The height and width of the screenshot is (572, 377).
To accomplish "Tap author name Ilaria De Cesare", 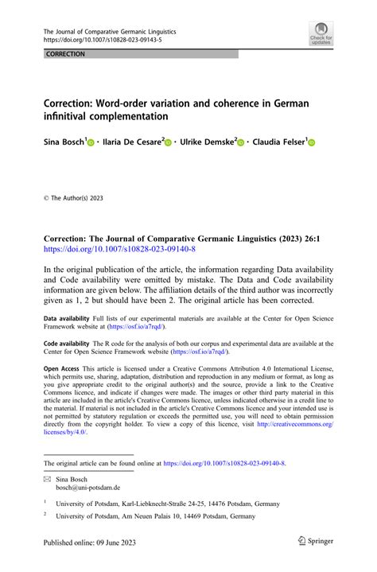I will click(x=132, y=142).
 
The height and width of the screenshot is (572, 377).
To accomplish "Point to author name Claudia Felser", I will click(x=278, y=142).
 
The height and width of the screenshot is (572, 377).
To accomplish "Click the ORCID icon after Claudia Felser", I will click(x=311, y=142).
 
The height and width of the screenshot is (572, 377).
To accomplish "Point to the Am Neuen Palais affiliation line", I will click(x=163, y=517).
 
